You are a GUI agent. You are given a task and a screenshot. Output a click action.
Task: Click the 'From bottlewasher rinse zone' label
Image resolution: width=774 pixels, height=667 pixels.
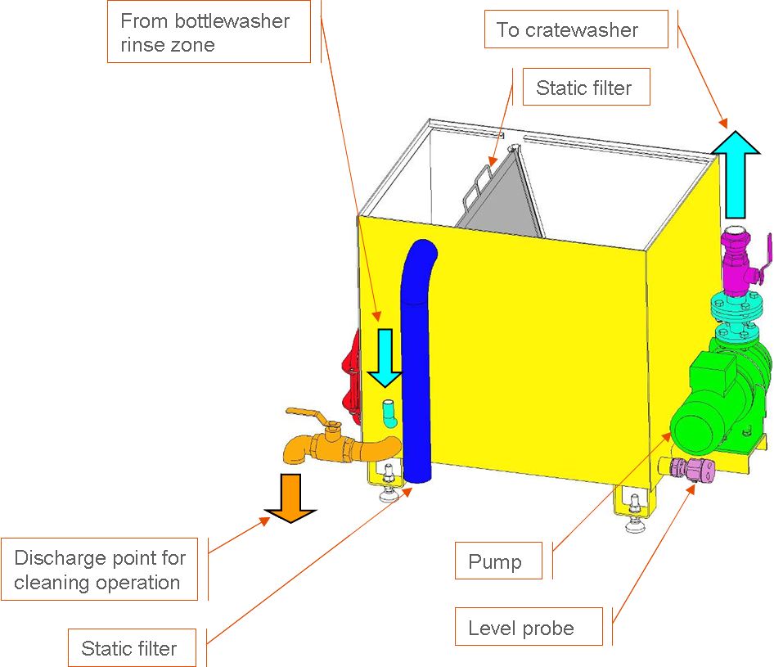(x=209, y=32)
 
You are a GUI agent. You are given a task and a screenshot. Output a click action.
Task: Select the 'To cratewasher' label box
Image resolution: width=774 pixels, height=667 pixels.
(x=576, y=29)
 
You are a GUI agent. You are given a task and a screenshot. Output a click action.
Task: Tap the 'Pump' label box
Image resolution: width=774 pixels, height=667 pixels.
(x=498, y=561)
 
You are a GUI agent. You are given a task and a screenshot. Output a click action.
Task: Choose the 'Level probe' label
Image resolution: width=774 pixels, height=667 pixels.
(x=529, y=627)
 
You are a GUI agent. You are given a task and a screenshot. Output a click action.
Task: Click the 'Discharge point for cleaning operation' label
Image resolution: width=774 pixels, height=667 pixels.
(x=100, y=570)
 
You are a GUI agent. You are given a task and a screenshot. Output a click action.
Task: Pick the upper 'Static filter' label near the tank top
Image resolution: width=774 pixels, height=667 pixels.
(x=587, y=87)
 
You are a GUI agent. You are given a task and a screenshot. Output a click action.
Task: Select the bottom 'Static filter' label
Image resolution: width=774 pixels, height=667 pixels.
(x=132, y=647)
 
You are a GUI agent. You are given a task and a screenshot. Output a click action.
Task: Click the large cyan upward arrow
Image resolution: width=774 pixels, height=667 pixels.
(x=736, y=174)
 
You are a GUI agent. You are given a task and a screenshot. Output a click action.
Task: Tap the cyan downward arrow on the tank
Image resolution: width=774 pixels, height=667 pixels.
(x=385, y=358)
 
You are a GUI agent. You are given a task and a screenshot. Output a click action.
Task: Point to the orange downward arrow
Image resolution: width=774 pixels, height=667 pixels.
(x=290, y=498)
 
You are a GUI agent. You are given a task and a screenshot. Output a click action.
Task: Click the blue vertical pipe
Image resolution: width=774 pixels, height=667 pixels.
(x=417, y=360)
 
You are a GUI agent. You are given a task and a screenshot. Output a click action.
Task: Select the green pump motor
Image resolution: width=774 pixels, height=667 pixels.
(x=718, y=395)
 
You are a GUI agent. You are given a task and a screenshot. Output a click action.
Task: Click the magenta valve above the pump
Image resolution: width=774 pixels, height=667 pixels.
(x=740, y=262)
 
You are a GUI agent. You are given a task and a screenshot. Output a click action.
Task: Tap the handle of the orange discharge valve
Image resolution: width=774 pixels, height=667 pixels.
(x=311, y=416)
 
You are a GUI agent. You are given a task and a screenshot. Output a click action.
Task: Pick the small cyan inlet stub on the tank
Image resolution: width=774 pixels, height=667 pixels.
(x=389, y=412)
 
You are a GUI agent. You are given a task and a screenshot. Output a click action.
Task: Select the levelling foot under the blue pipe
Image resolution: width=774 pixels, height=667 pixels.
(x=389, y=486)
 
